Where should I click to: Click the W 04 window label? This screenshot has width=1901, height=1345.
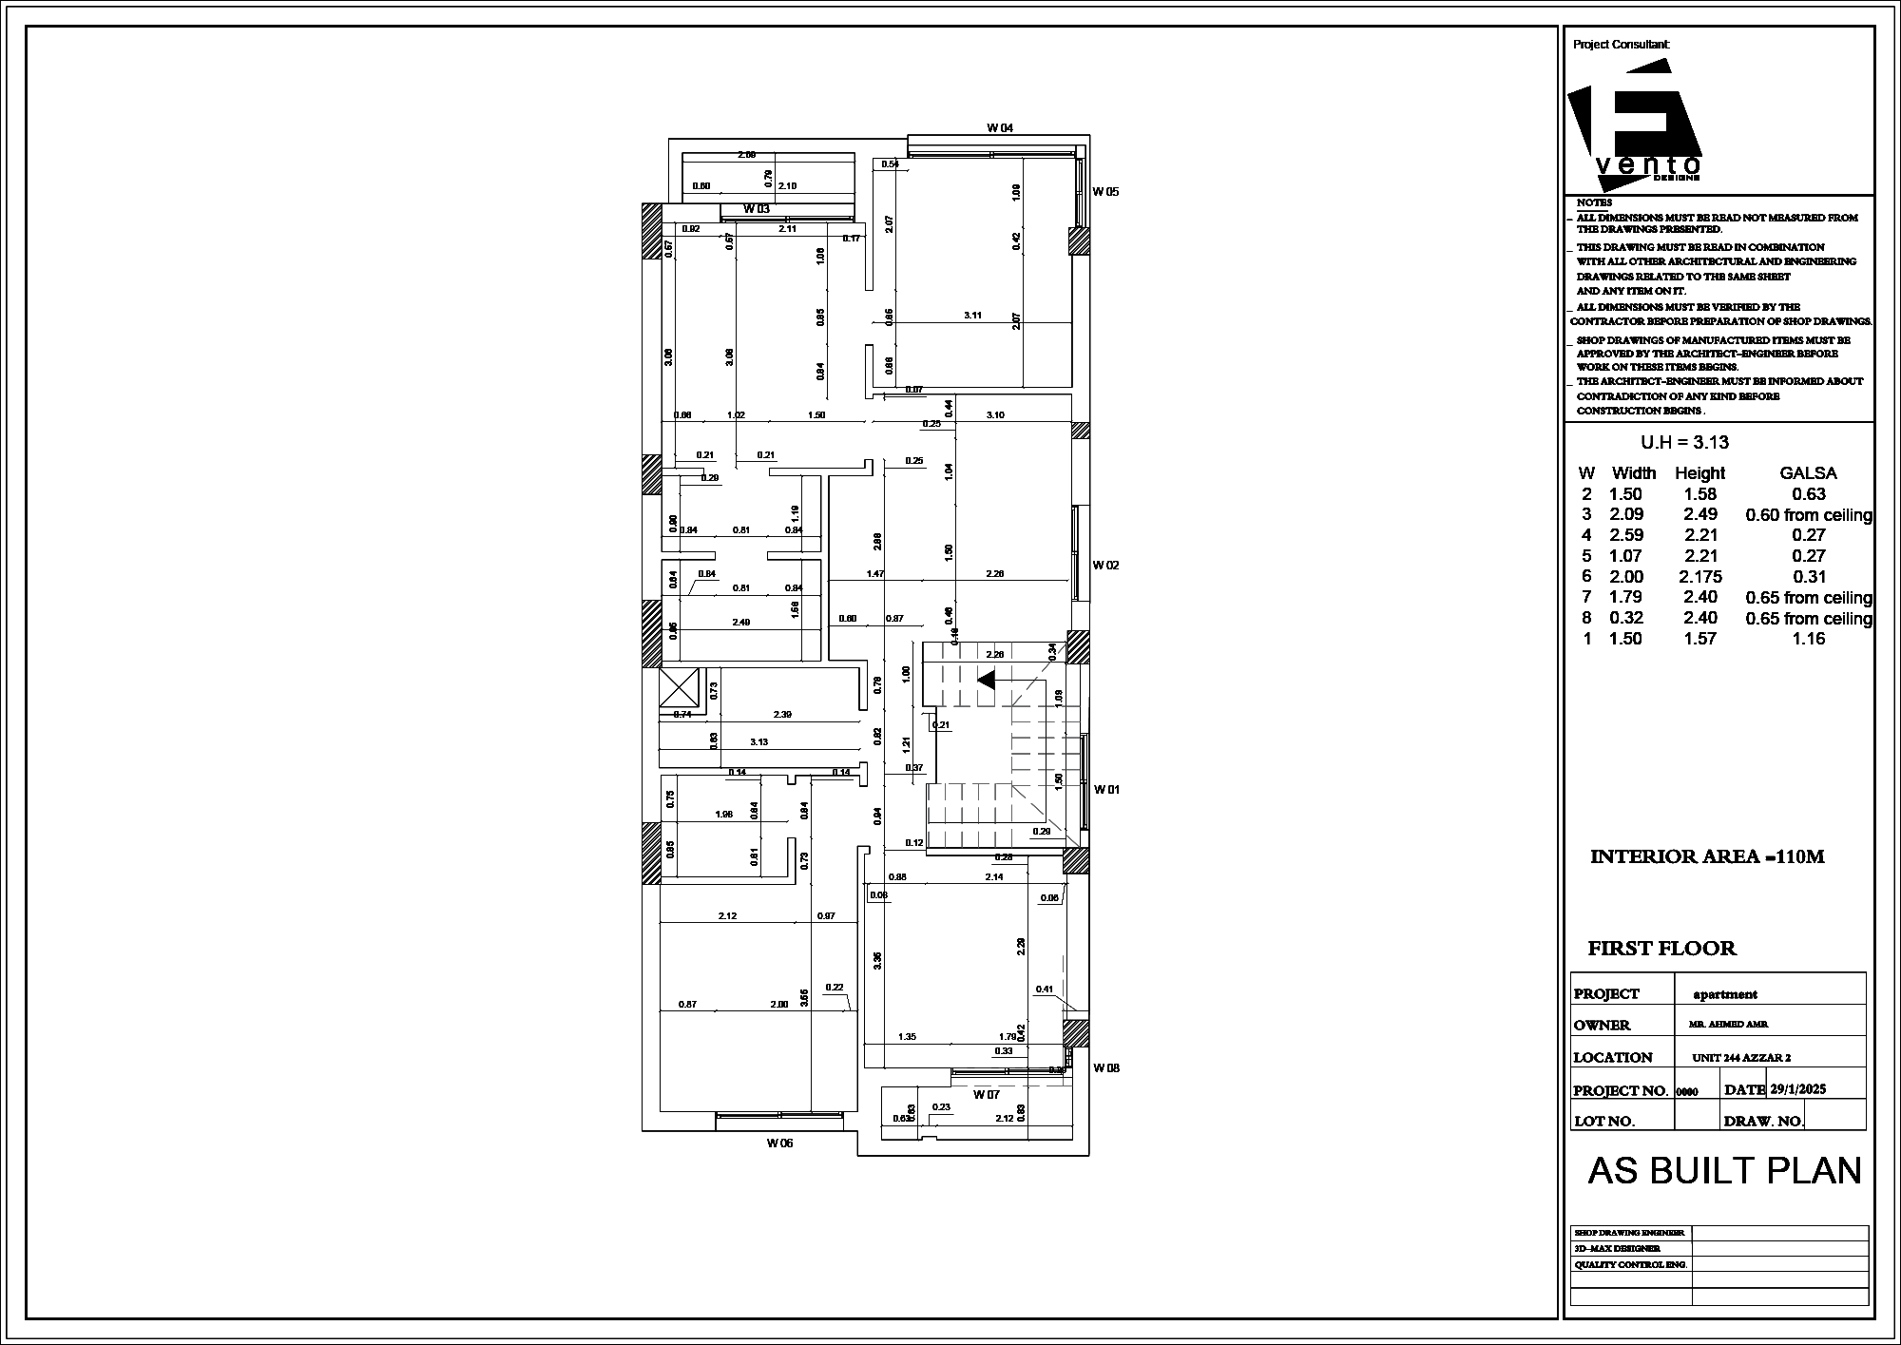tap(1000, 127)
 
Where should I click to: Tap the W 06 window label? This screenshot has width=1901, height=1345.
tap(779, 1143)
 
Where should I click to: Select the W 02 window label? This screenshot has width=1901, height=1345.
tap(1105, 565)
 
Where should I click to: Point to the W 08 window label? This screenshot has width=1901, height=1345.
tap(1105, 1067)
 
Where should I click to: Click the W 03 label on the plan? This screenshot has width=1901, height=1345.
tap(757, 208)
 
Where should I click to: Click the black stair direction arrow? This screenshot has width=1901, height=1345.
tap(986, 680)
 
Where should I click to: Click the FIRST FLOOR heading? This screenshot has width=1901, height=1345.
tap(1661, 949)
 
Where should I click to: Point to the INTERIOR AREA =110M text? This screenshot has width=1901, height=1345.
tap(1707, 856)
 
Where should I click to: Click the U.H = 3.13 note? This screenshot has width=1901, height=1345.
tap(1684, 442)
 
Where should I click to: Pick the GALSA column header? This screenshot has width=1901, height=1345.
tap(1808, 473)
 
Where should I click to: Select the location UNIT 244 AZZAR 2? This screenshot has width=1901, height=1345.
tap(1741, 1058)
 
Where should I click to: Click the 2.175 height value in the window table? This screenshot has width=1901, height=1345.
tap(1700, 577)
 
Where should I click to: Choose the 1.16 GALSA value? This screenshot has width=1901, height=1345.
tap(1809, 639)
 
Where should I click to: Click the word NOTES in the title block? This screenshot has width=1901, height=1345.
tap(1594, 202)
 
